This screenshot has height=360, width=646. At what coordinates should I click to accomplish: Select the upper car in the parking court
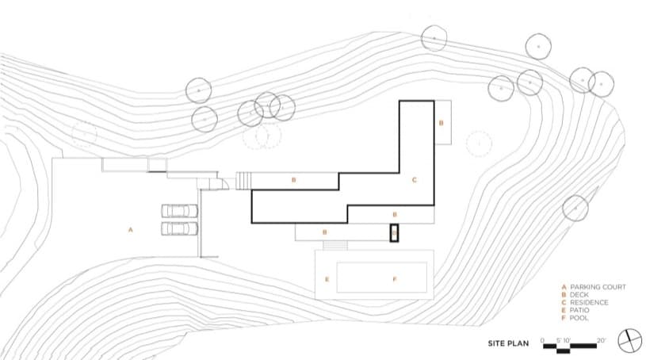pyautogui.click(x=179, y=211)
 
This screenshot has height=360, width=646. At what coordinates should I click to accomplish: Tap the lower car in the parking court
pyautogui.click(x=179, y=228)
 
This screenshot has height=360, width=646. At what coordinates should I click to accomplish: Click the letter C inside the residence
pyautogui.click(x=414, y=181)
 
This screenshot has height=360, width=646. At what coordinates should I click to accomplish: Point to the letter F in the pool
pyautogui.click(x=395, y=278)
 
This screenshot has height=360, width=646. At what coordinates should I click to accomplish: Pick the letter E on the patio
pyautogui.click(x=327, y=279)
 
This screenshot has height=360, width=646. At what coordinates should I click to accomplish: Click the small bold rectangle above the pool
pyautogui.click(x=393, y=233)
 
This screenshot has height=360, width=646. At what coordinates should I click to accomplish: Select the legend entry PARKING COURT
pyautogui.click(x=594, y=286)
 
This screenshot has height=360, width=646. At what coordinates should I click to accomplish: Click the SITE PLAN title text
pyautogui.click(x=509, y=344)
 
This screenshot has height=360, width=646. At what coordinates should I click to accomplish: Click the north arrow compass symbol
pyautogui.click(x=629, y=339)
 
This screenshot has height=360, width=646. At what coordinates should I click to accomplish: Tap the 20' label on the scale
pyautogui.click(x=602, y=339)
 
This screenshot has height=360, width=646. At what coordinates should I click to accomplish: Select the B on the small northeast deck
pyautogui.click(x=441, y=123)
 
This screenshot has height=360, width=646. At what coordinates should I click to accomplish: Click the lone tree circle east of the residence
pyautogui.click(x=575, y=208)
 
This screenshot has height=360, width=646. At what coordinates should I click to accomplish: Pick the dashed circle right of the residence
pyautogui.click(x=478, y=143)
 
